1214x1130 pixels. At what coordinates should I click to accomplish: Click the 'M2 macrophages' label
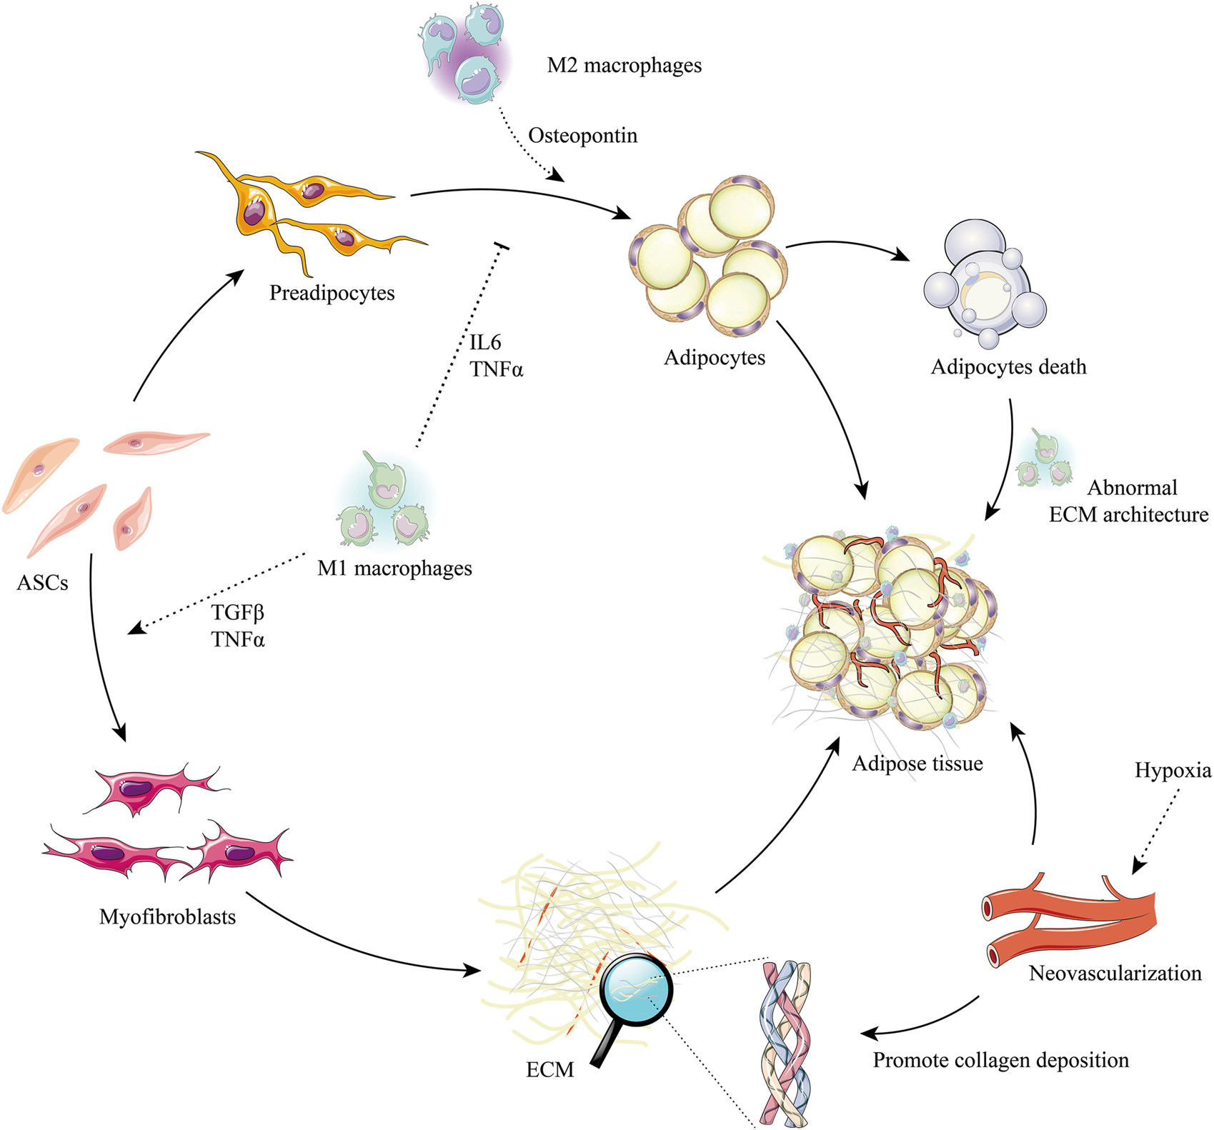tap(624, 66)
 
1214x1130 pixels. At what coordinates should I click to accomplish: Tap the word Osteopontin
tap(582, 136)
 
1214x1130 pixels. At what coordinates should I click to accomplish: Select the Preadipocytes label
tap(332, 293)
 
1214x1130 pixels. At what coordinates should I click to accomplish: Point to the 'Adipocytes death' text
tap(1008, 367)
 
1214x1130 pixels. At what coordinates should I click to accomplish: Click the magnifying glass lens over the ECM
tap(635, 991)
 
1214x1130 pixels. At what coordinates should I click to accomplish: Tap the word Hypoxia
tap(1173, 771)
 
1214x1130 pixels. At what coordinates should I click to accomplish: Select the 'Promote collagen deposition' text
tap(1000, 1060)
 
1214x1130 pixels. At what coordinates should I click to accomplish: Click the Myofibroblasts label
tap(167, 916)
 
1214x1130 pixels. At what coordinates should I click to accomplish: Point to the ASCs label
tap(42, 584)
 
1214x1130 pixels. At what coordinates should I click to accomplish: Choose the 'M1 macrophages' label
tap(394, 569)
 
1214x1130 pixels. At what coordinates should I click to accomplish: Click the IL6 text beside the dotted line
tap(485, 343)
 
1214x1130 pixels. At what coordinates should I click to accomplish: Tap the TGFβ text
tap(238, 613)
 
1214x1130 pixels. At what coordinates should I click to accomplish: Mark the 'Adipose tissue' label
tap(917, 764)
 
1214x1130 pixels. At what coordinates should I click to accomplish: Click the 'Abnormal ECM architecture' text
tap(1129, 501)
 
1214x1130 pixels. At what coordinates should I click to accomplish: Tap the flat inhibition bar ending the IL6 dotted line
tap(502, 246)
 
